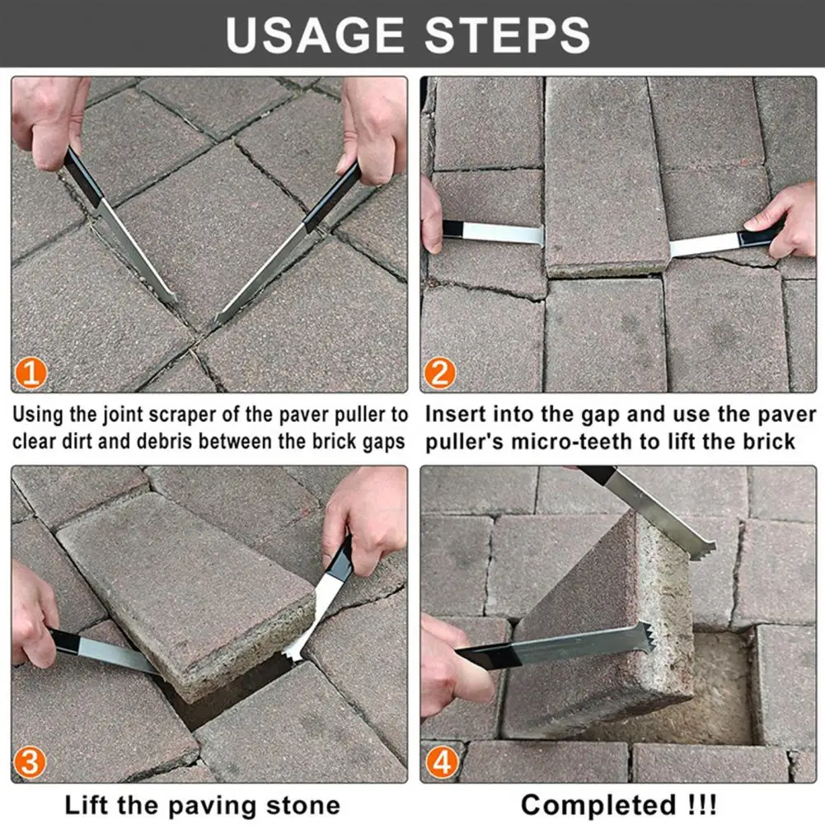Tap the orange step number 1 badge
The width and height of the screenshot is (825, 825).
coord(30,373)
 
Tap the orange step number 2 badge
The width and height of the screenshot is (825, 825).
coord(439,373)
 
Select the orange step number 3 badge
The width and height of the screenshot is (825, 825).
coord(30,762)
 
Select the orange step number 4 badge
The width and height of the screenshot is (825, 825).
coord(439,762)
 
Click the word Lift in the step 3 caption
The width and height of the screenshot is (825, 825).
coord(88,804)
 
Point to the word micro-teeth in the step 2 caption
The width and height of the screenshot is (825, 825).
coord(574,441)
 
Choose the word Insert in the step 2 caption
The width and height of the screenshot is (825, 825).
coord(456,414)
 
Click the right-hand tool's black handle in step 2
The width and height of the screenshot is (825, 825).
coord(758,237)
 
